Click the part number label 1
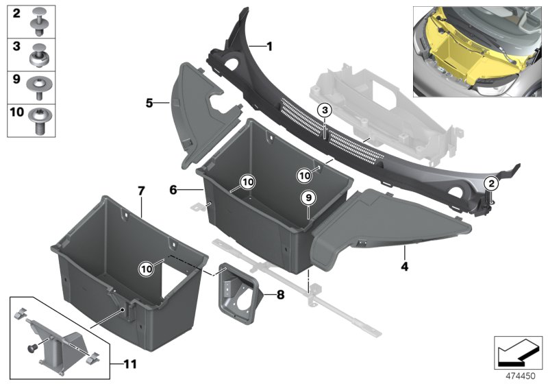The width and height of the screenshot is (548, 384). coord(269,47)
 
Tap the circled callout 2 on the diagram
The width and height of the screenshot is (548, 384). coord(490,182)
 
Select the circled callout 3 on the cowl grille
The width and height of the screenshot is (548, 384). coord(325,110)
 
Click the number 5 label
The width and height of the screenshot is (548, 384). coord(149,104)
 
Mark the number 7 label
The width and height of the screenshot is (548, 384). coord(141,190)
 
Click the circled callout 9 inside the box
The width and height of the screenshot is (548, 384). coord(308,197)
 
